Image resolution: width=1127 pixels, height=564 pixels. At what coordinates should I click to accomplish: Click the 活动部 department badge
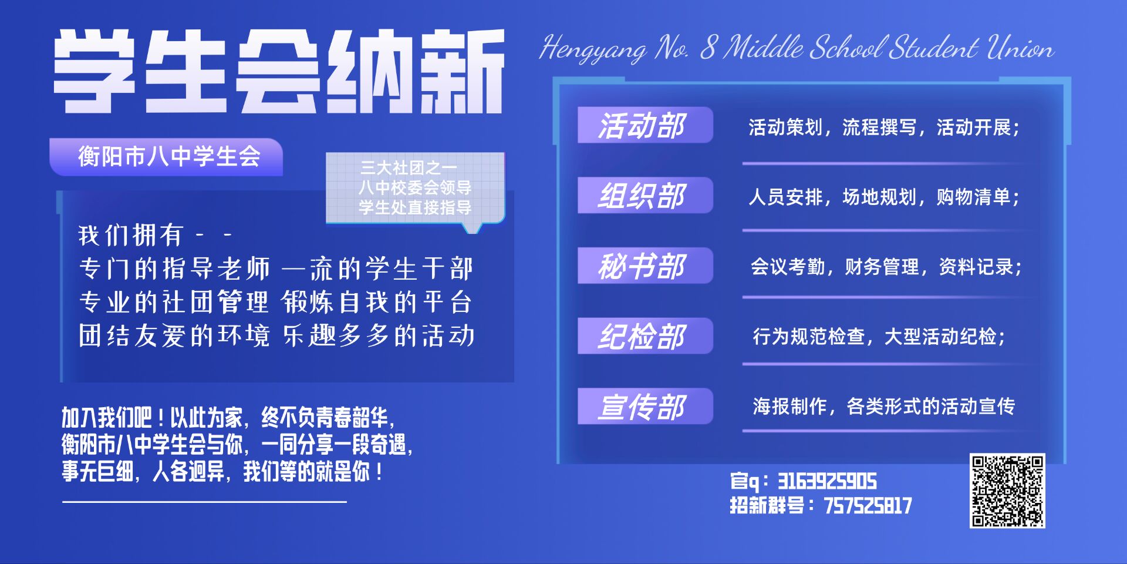(645, 125)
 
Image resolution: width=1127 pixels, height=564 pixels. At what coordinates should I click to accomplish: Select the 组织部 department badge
(645, 195)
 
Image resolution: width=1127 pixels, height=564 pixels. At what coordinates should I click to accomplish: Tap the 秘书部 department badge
(645, 266)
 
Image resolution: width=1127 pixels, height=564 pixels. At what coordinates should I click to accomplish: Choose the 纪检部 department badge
(645, 336)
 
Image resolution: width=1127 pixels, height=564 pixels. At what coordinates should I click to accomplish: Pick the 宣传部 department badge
(645, 406)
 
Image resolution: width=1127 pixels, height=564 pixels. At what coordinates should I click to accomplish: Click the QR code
(1007, 491)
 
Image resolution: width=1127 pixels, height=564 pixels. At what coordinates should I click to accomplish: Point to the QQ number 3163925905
(827, 482)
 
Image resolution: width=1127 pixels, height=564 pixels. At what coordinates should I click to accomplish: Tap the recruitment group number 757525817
(868, 506)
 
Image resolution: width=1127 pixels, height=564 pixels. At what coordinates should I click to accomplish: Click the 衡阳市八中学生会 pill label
(166, 157)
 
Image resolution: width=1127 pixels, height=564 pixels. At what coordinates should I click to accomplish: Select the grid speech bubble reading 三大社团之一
(415, 189)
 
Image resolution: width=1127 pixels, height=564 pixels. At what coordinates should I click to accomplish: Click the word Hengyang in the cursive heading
(593, 49)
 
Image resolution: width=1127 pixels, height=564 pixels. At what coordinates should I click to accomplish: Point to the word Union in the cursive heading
(1020, 48)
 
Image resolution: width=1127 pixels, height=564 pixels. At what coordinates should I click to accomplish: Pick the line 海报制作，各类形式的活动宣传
(883, 407)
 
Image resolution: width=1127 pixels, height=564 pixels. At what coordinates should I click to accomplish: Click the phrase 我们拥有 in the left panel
(131, 236)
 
